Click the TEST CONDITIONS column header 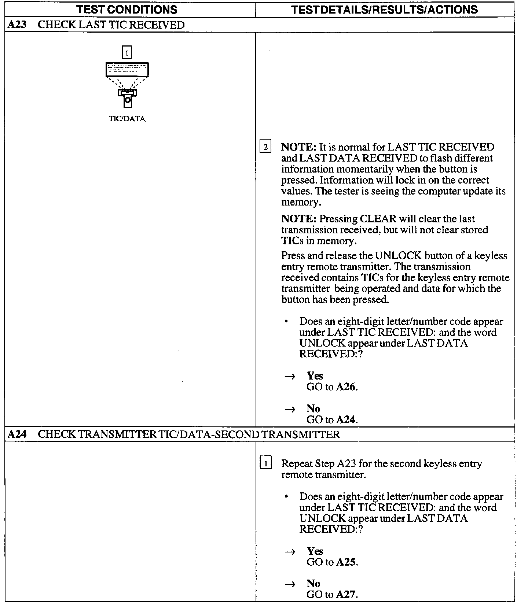click(x=127, y=9)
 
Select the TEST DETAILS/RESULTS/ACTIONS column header click(x=384, y=9)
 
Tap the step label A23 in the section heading click(x=16, y=25)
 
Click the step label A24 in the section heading click(x=16, y=434)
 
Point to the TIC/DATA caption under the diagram click(x=127, y=119)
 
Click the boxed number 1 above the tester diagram click(x=126, y=53)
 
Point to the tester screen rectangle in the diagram click(x=127, y=70)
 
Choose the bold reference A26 click(x=346, y=387)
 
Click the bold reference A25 click(x=346, y=562)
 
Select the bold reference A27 click(x=346, y=595)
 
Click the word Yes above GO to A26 click(x=315, y=376)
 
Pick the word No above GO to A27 click(x=313, y=584)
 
